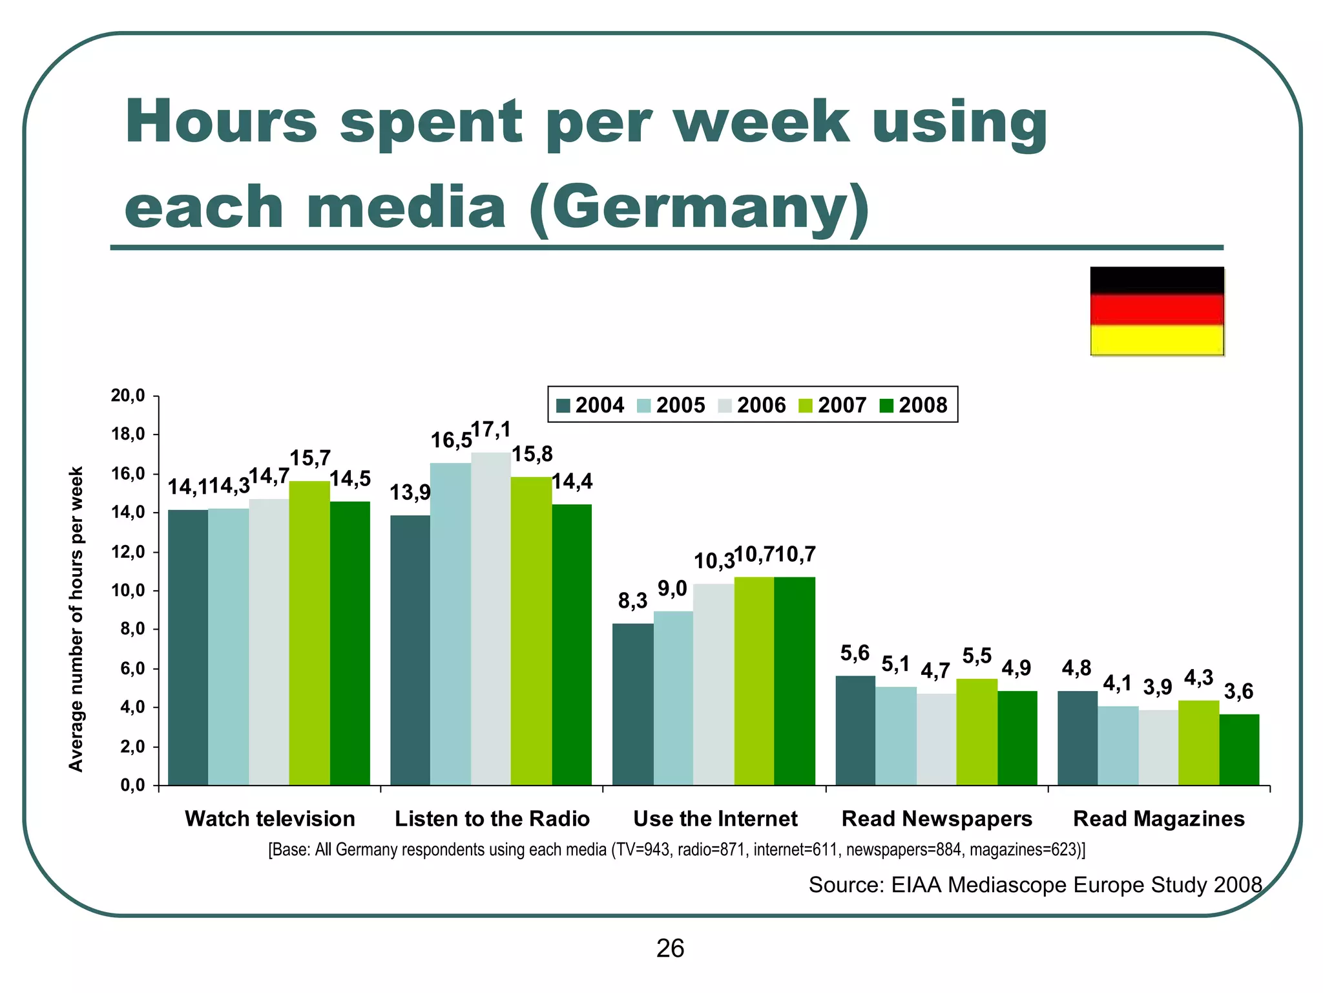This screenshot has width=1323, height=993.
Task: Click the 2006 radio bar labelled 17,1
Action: (x=490, y=619)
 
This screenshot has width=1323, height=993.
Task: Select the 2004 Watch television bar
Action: (x=188, y=647)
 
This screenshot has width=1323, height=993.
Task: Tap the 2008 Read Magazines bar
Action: (x=1239, y=749)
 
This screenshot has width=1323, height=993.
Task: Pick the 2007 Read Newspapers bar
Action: (x=977, y=732)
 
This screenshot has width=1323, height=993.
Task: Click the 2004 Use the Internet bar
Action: (x=632, y=704)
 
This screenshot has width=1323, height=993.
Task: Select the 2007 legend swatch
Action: (x=806, y=406)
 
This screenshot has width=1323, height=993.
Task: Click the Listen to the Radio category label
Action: (x=492, y=818)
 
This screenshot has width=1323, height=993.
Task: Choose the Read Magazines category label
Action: (x=1158, y=818)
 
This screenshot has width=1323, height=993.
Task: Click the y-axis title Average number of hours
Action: (x=76, y=619)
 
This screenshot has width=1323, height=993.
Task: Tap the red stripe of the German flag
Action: (x=1157, y=310)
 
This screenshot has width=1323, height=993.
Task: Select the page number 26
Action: (x=670, y=948)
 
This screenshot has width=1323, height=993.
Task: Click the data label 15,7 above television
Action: (x=310, y=458)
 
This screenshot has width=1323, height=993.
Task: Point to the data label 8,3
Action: (x=632, y=601)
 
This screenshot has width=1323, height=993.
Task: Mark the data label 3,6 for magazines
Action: (x=1238, y=692)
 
